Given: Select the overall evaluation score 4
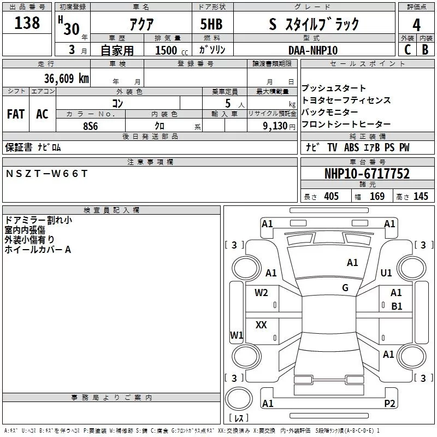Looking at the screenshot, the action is (416, 25).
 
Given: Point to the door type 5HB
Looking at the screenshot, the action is (211, 25).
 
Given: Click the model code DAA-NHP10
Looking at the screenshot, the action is (313, 50).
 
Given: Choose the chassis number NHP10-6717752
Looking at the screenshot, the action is (367, 174).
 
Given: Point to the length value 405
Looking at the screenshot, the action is (330, 196).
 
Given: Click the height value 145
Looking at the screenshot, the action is (421, 196).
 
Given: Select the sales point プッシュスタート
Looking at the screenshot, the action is (334, 88).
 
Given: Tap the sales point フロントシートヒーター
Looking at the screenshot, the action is (346, 124).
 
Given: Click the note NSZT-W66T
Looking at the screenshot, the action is (46, 173).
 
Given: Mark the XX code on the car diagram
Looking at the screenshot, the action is (261, 325).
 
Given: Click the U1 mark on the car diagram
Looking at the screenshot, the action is (386, 273).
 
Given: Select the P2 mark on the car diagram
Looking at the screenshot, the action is (389, 403).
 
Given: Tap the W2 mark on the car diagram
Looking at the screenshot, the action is (261, 292).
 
